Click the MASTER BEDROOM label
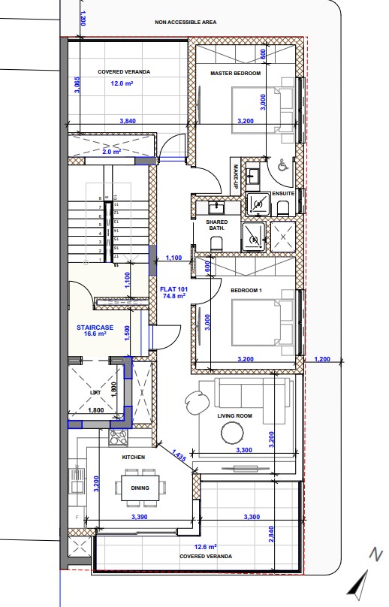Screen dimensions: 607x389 pos(236,73)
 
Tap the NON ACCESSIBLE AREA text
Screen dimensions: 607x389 pos(185,23)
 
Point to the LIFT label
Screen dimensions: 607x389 pos(95,392)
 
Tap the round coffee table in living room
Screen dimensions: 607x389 pos(232,433)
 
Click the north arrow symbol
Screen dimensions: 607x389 pos(359,581)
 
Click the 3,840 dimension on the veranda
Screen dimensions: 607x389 pos(130,121)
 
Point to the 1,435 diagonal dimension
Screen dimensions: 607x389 pos(179,456)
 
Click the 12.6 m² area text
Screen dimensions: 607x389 pos(205,547)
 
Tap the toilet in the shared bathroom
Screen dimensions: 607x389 pos(217,242)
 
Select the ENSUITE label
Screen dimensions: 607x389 pos(283,193)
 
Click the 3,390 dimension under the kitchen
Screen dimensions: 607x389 pos(138,517)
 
